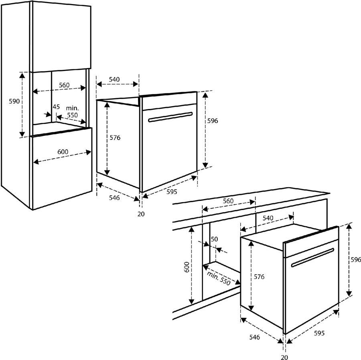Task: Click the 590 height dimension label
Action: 14,102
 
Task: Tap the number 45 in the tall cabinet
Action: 56,107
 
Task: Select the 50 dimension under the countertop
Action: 214,239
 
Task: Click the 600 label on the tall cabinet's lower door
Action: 63,152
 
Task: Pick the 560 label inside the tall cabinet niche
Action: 64,85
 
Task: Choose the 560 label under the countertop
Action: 228,201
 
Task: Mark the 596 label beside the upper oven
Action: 212,121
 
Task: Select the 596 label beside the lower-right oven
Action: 355,260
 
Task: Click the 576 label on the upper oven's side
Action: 115,138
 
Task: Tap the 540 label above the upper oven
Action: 114,79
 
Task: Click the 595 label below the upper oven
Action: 172,192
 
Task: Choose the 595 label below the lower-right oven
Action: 319,333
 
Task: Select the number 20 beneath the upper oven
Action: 140,214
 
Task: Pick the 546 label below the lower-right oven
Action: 254,337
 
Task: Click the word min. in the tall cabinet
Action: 72,108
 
